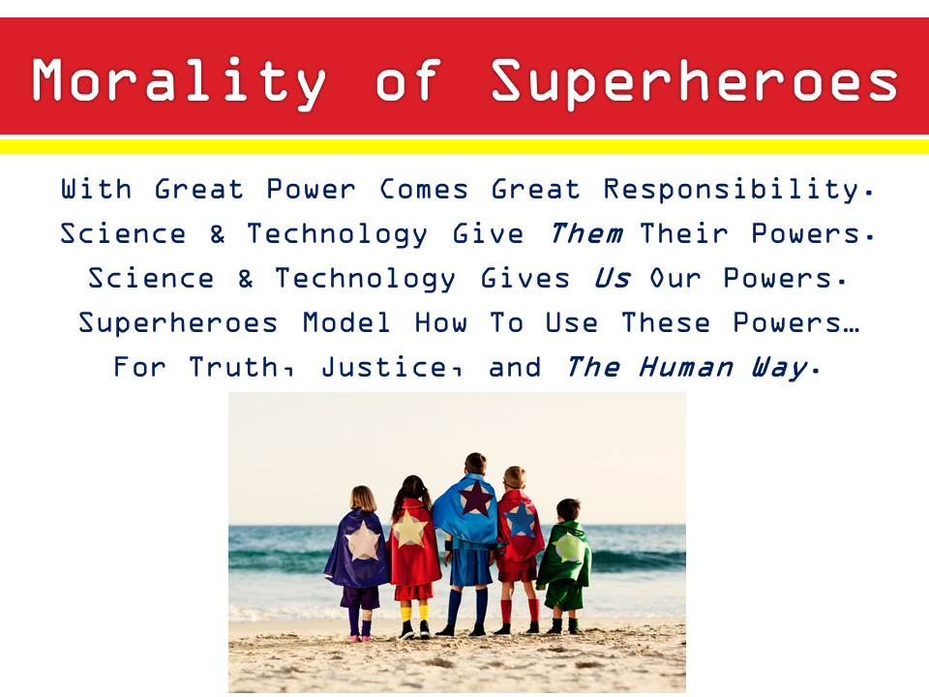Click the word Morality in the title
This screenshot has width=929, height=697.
point(179,81)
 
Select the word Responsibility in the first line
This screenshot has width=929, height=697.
point(737,190)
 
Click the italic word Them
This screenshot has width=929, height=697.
point(585,233)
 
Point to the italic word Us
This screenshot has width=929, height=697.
point(612,278)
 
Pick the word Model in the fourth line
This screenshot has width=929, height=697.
point(346,323)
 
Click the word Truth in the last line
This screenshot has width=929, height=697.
point(241,368)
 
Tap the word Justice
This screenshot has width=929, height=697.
point(391,368)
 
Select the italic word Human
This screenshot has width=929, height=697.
point(685,368)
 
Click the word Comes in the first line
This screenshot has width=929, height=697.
point(424,190)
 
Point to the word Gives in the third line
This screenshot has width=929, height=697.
point(524,278)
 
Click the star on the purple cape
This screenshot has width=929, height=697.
point(363,541)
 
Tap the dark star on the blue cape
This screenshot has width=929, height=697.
point(475,498)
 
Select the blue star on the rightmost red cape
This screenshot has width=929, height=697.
point(522,519)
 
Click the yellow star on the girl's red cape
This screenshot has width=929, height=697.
point(408,530)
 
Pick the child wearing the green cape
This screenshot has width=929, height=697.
point(564,566)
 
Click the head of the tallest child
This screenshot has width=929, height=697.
point(475,464)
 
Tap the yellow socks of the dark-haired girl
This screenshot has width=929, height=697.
point(415,612)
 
